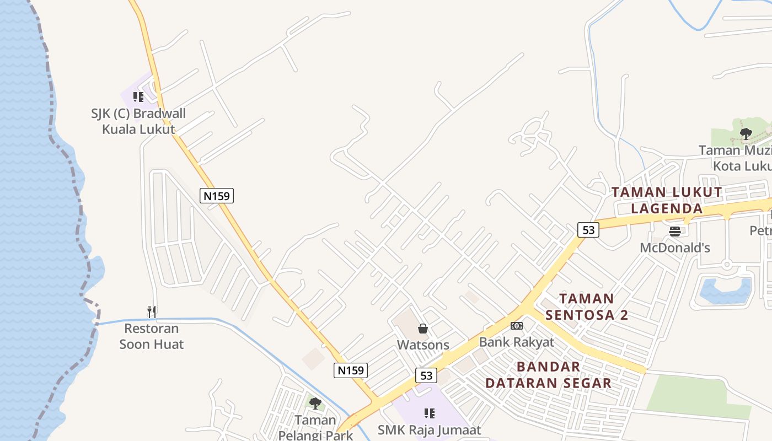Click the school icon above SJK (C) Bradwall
[x=138, y=97]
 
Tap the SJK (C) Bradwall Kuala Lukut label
[x=138, y=121]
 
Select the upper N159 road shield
[x=217, y=195]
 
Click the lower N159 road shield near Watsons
[x=351, y=370]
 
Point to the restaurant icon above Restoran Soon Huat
[x=152, y=312]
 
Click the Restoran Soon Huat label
[x=152, y=336]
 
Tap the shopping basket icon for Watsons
[x=423, y=329]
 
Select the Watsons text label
[x=423, y=345]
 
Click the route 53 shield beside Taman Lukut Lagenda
[x=588, y=230]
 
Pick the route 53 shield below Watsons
[x=426, y=375]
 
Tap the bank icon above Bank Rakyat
[x=517, y=326]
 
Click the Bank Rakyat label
[x=517, y=342]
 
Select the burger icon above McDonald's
[x=675, y=232]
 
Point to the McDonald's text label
[x=675, y=248]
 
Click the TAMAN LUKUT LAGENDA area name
[x=667, y=200]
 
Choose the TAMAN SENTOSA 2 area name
[x=587, y=306]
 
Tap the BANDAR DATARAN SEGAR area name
[x=549, y=375]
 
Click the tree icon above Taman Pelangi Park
[x=315, y=404]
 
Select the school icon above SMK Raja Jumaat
[x=430, y=413]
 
